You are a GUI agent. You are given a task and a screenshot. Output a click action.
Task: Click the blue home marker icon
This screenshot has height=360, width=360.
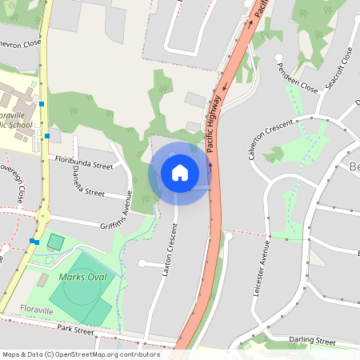click(x=179, y=172)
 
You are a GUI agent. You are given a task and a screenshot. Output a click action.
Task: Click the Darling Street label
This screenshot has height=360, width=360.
click(x=313, y=341)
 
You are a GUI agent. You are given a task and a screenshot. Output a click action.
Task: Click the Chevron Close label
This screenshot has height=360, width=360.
click(x=21, y=44)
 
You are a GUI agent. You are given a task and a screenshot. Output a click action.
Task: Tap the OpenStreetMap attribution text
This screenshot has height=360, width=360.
click(x=81, y=354)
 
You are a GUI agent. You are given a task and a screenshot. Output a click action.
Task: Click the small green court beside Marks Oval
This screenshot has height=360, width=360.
click(x=55, y=241)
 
